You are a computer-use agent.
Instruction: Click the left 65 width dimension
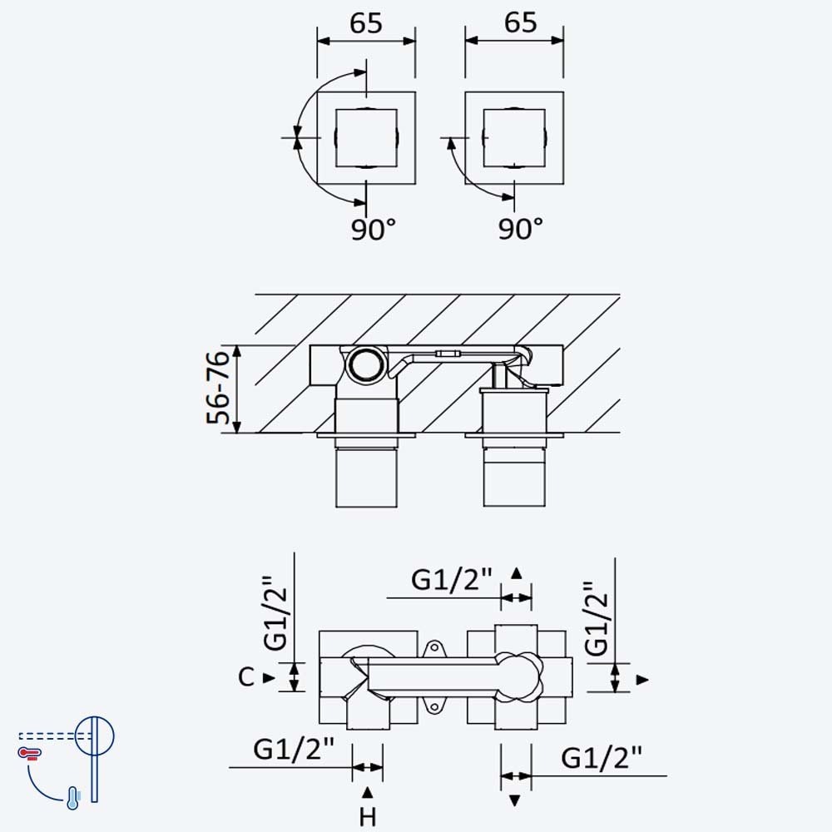point(366,24)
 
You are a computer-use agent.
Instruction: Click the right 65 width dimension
point(521,22)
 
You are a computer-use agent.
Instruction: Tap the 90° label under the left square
point(374,230)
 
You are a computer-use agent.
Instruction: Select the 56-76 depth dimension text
point(218,387)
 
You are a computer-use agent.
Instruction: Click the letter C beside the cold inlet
point(246,677)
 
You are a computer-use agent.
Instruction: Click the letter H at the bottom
point(367,817)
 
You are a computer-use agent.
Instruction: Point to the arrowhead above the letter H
point(367,793)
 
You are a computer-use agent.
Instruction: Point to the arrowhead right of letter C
point(269,677)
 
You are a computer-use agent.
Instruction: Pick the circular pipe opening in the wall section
point(366,364)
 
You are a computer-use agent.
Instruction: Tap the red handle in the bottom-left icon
point(30,752)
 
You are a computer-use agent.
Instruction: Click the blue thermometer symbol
point(73,798)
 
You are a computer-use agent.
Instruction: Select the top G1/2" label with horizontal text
point(452,580)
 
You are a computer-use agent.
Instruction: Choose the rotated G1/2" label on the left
point(276,613)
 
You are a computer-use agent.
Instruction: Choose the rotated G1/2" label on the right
point(597,618)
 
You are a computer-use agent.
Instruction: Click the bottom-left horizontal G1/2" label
point(294,750)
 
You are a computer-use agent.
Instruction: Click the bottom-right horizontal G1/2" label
point(602,758)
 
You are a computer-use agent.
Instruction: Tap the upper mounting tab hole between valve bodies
point(434,648)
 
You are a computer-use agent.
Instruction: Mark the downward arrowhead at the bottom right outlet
point(514,800)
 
